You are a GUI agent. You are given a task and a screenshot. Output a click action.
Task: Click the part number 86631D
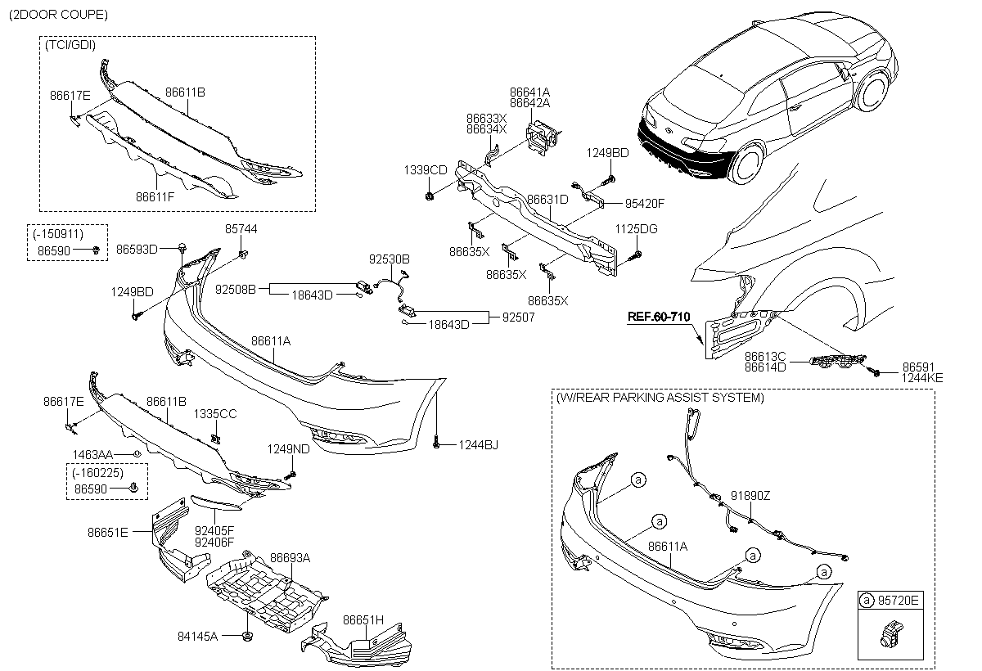click(x=547, y=199)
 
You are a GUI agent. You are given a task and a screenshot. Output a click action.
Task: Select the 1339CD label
click(x=425, y=170)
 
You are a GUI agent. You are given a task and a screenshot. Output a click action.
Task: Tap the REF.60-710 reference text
click(x=659, y=316)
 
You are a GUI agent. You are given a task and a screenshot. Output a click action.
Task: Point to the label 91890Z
click(x=750, y=495)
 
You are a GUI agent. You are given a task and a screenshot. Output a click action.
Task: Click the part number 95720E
click(x=899, y=601)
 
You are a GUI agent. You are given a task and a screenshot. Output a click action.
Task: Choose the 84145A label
click(x=197, y=635)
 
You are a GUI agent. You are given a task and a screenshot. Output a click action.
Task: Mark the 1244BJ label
click(x=478, y=444)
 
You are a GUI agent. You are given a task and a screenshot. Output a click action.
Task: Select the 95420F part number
click(x=645, y=203)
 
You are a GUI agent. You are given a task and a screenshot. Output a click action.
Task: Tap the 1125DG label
click(x=637, y=229)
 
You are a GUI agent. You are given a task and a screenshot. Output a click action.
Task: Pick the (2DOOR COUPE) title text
click(x=58, y=15)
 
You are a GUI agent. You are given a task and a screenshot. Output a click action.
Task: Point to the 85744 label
click(x=241, y=229)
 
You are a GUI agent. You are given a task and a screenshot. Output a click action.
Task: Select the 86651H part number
click(x=363, y=619)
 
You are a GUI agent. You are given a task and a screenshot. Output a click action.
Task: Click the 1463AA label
click(x=92, y=453)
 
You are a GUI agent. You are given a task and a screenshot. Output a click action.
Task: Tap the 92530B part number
click(x=389, y=259)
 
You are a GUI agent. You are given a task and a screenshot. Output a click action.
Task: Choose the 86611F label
click(x=155, y=196)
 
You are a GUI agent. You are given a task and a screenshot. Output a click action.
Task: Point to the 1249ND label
click(x=288, y=448)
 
